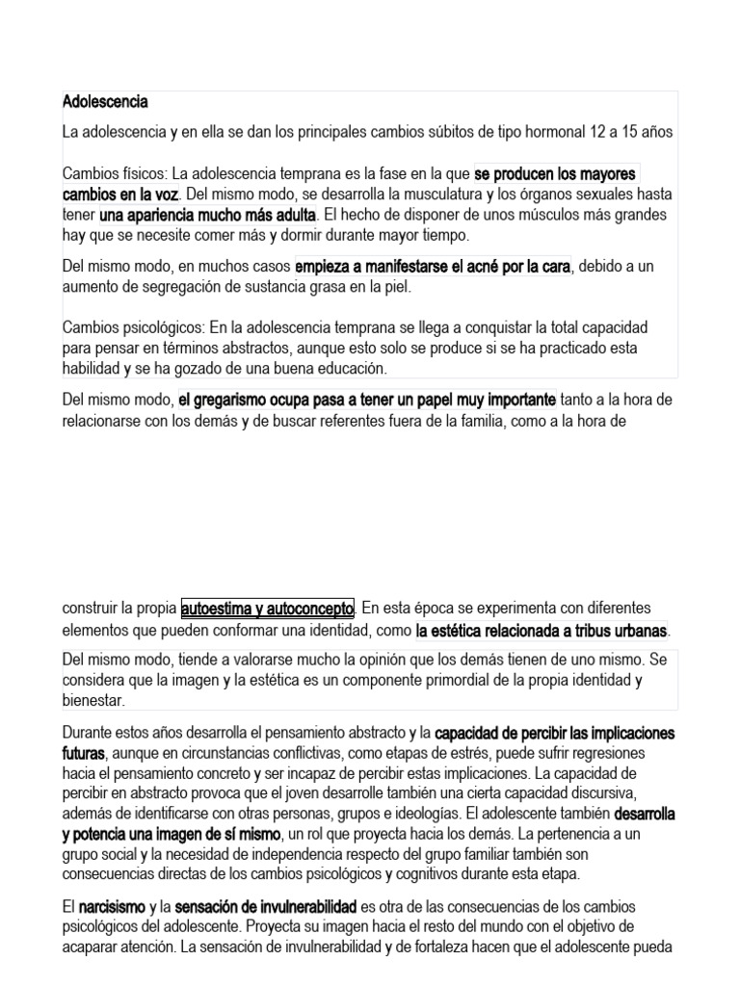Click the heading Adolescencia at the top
click(105, 101)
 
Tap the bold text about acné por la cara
click(433, 266)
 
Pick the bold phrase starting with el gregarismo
click(367, 400)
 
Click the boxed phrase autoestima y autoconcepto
click(268, 609)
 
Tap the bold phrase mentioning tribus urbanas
click(542, 631)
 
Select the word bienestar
click(93, 701)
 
